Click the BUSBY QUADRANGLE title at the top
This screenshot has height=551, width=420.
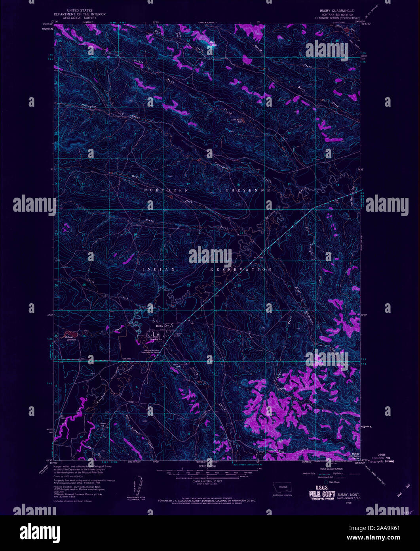[334, 11]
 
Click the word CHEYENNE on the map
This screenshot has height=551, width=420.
[248, 190]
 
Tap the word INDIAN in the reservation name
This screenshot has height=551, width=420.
[159, 270]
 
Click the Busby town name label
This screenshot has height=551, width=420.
[160, 326]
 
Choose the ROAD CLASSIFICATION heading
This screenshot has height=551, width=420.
[328, 469]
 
